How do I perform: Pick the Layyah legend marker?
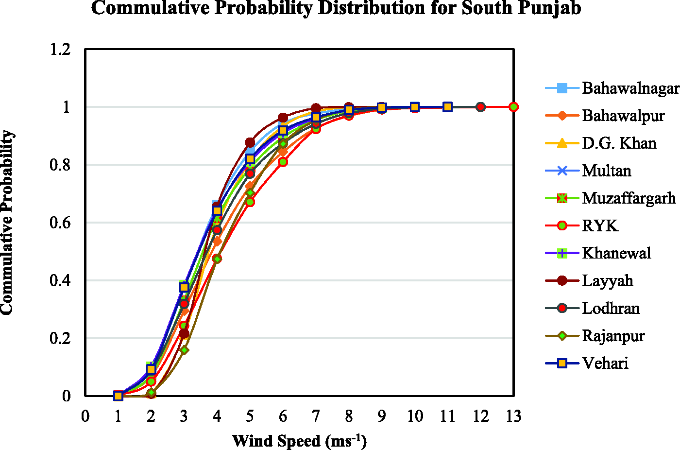pyautogui.click(x=562, y=281)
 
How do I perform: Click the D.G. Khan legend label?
pyautogui.click(x=619, y=143)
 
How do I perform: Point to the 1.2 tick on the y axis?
pyautogui.click(x=60, y=49)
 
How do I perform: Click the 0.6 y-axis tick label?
pyautogui.click(x=60, y=223)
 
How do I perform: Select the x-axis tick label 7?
pyautogui.click(x=316, y=416)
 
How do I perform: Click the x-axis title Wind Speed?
pyautogui.click(x=276, y=441)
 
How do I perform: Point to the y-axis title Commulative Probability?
pyautogui.click(x=7, y=222)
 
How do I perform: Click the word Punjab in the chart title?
pyautogui.click(x=549, y=8)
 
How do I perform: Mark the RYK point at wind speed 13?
pyautogui.click(x=513, y=107)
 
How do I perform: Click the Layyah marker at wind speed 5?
pyautogui.click(x=250, y=142)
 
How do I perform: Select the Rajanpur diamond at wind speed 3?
pyautogui.click(x=184, y=350)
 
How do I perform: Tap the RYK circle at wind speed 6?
pyautogui.click(x=283, y=162)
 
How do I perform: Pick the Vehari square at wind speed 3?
pyautogui.click(x=184, y=287)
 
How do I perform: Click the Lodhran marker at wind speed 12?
pyautogui.click(x=480, y=107)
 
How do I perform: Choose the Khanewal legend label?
pyautogui.click(x=616, y=253)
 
